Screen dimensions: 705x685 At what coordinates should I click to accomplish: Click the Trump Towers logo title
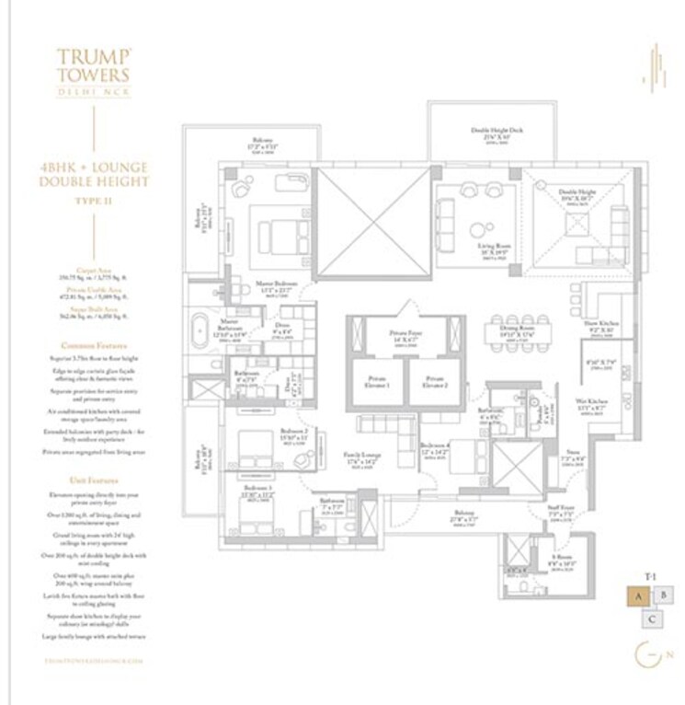tap(92, 67)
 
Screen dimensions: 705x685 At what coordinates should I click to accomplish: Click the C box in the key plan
tap(650, 619)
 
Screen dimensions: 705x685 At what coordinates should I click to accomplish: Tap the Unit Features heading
tap(92, 480)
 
